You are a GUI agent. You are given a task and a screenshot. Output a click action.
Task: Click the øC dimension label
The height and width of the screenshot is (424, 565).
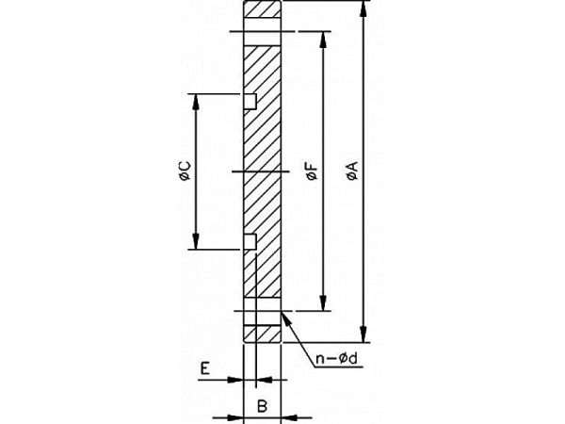pyautogui.click(x=186, y=171)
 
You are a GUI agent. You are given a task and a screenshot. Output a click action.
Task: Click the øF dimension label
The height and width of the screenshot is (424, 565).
pyautogui.click(x=313, y=171)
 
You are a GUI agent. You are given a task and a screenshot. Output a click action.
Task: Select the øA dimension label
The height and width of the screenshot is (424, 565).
pyautogui.click(x=352, y=171)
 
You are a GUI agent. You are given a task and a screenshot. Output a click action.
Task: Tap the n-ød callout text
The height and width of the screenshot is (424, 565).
pyautogui.click(x=337, y=359)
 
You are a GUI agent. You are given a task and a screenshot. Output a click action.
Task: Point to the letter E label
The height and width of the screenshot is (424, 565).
pyautogui.click(x=204, y=368)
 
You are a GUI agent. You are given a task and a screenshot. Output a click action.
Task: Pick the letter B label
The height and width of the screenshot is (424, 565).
pyautogui.click(x=262, y=406)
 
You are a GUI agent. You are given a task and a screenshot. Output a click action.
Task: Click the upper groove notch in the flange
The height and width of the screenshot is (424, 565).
pyautogui.click(x=250, y=102)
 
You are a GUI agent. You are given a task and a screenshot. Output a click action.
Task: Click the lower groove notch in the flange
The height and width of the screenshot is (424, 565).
pyautogui.click(x=250, y=241)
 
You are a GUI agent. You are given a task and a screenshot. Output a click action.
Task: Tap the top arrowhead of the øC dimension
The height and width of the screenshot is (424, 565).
pyautogui.click(x=195, y=102)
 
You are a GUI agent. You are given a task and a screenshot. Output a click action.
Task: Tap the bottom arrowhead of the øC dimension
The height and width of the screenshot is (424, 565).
pyautogui.click(x=195, y=241)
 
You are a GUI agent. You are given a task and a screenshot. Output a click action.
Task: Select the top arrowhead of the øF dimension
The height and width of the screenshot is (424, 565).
pyautogui.click(x=323, y=40)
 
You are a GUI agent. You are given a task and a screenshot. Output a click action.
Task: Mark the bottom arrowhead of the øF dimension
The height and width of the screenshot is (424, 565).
pyautogui.click(x=323, y=302)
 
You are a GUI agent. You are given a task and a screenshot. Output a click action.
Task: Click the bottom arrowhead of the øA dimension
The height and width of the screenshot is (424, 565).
pyautogui.click(x=363, y=334)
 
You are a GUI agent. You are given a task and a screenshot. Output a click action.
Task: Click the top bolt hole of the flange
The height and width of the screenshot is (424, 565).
pyautogui.click(x=263, y=32)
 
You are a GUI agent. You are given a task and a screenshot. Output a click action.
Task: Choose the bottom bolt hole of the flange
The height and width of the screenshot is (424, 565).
pyautogui.click(x=263, y=311)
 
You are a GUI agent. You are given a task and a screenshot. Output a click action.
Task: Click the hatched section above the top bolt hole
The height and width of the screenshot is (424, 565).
pyautogui.click(x=263, y=9)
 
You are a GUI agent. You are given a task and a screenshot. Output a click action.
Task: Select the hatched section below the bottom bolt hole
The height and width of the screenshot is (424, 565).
pyautogui.click(x=263, y=334)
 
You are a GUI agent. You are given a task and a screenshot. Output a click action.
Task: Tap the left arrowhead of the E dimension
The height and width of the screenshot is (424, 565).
pyautogui.click(x=236, y=380)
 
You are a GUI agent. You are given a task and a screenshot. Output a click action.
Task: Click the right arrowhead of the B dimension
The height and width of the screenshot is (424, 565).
pyautogui.click(x=289, y=417)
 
